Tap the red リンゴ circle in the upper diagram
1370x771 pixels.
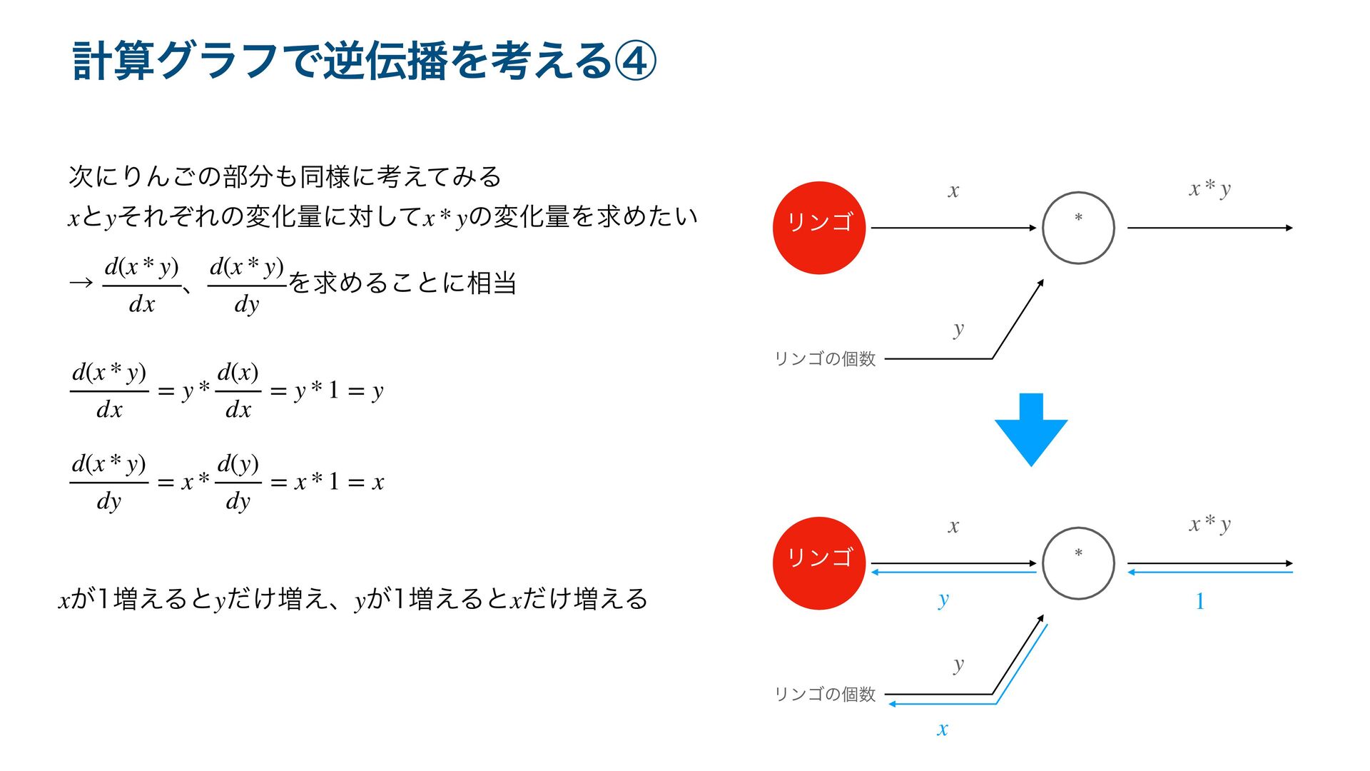819,228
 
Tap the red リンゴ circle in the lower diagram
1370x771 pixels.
819,563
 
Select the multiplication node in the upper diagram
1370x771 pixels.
1078,228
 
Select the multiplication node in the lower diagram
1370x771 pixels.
1078,563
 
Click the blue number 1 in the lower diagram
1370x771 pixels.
1200,602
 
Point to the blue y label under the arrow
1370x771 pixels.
943,600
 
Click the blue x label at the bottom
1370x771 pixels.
943,729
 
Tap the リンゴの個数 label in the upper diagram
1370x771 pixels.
825,358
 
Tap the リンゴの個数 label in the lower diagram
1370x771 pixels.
825,694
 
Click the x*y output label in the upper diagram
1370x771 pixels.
1209,188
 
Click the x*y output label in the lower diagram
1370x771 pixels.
1209,524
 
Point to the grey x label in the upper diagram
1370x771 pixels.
953,191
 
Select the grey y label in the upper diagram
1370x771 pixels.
958,329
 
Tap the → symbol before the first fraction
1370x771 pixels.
81,283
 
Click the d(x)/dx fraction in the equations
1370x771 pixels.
238,390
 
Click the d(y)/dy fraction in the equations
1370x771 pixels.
238,482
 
